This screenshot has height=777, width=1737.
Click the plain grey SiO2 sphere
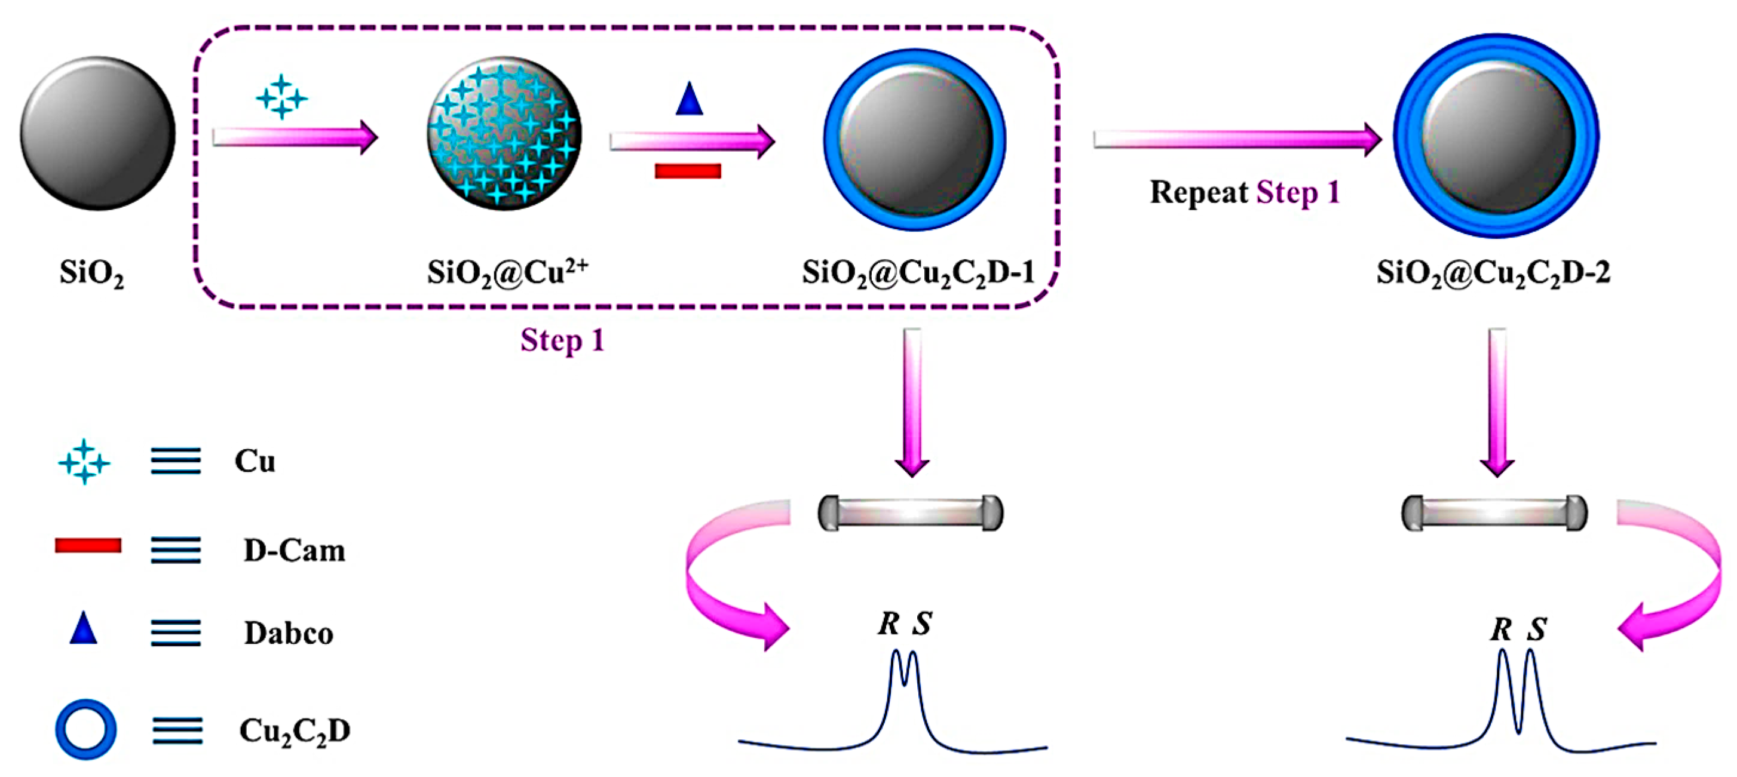(97, 133)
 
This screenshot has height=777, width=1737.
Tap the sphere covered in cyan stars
(503, 133)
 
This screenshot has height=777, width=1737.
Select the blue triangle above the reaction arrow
(688, 99)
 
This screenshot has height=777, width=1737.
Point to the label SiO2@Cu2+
(507, 272)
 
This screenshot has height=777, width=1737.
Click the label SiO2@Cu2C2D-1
(918, 272)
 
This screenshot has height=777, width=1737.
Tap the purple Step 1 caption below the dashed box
(562, 340)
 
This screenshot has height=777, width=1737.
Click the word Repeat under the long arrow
(1198, 193)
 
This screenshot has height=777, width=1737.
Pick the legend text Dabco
(288, 634)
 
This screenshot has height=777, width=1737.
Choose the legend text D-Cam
(294, 551)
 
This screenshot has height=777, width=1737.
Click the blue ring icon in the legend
(85, 729)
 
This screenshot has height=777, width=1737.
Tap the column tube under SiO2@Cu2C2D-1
(910, 513)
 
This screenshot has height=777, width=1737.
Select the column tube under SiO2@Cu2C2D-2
(1494, 513)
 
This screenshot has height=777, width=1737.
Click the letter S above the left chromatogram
(922, 624)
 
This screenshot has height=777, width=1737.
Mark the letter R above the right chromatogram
(1501, 630)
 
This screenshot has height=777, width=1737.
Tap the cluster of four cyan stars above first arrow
(281, 98)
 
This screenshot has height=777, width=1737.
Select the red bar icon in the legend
(88, 545)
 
